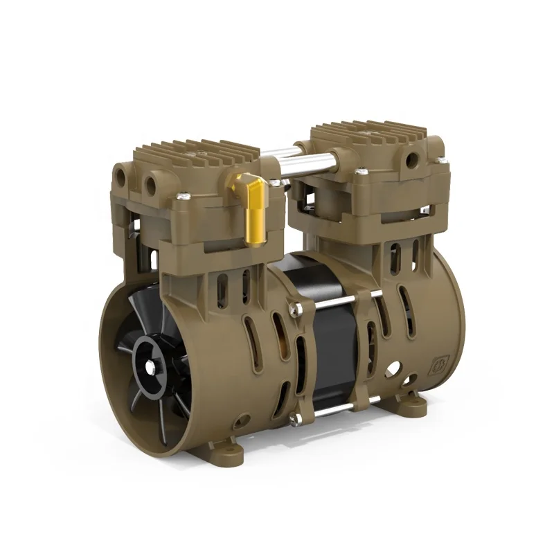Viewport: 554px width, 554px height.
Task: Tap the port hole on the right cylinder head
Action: click(413, 160)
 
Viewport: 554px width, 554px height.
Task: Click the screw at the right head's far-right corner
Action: click(441, 161)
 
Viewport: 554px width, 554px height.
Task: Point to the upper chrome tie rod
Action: click(339, 301)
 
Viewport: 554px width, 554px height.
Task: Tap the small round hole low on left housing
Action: click(242, 420)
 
